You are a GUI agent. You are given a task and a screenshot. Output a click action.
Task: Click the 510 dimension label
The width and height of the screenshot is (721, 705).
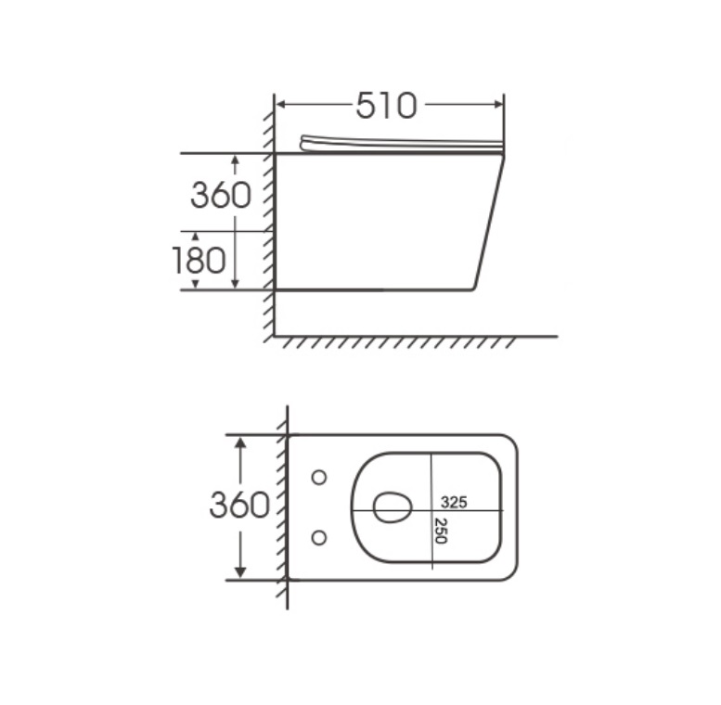tap(387, 106)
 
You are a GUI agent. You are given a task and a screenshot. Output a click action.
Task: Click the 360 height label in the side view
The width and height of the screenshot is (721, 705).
tap(221, 195)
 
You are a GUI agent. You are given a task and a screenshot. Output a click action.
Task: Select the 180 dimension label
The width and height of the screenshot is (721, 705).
tap(200, 260)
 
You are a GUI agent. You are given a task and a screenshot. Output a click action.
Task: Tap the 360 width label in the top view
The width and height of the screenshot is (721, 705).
tap(239, 505)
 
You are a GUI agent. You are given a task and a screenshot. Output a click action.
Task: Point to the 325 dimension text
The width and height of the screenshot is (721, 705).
tap(454, 503)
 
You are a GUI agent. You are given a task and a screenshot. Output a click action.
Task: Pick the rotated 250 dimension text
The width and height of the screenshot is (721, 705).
tap(441, 531)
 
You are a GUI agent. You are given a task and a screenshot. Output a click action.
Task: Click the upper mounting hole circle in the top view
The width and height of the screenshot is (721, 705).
tap(319, 478)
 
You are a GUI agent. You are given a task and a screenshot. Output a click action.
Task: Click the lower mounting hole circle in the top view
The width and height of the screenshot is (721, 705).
tap(319, 537)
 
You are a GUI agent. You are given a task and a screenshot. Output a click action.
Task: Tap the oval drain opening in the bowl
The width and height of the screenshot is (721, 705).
tap(393, 507)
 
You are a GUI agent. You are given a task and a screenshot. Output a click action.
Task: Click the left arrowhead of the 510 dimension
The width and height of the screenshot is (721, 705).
tap(281, 104)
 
